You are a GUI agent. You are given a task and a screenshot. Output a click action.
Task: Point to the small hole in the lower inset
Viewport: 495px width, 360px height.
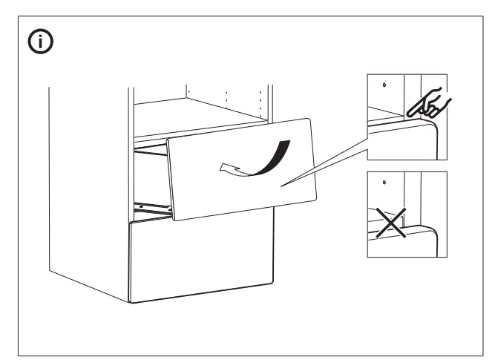coord(384,183)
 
